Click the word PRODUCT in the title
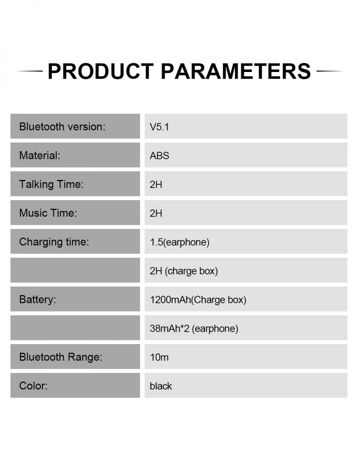click(101, 71)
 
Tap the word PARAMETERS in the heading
click(236, 71)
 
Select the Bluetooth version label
click(62, 127)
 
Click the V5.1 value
click(159, 127)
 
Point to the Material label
click(40, 155)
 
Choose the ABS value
click(159, 156)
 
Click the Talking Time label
click(51, 184)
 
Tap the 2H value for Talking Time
click(156, 184)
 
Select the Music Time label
click(48, 213)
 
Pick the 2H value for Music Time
click(156, 213)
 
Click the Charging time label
click(54, 242)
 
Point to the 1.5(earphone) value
click(180, 242)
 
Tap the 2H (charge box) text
click(184, 271)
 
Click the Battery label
click(38, 299)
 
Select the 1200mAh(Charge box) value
click(198, 299)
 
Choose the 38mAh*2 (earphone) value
click(194, 328)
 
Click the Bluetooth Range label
click(61, 357)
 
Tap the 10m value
click(159, 357)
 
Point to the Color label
click(34, 386)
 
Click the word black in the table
click(161, 386)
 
